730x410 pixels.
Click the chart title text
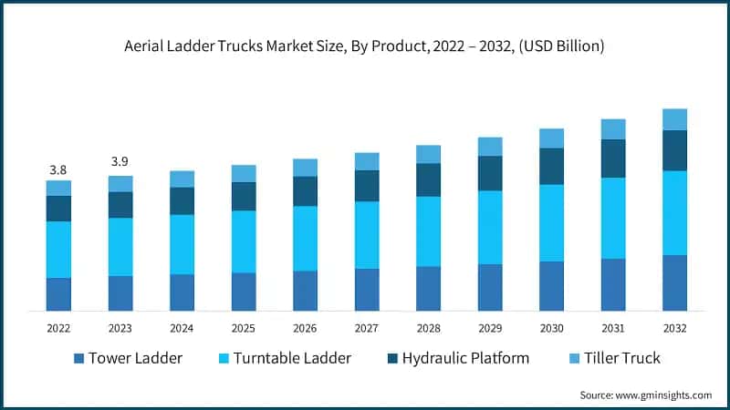click(365, 45)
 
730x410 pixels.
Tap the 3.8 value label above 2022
click(58, 169)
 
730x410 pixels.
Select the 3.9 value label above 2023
click(120, 161)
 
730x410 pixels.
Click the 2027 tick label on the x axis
click(367, 328)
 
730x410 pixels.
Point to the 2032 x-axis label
click(674, 328)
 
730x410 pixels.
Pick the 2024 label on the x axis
click(182, 328)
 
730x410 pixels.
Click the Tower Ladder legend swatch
click(79, 359)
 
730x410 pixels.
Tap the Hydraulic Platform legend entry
click(470, 358)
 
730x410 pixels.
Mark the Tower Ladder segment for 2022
click(58, 293)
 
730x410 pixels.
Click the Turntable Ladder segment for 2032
click(674, 212)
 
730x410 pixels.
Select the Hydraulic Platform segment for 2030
click(551, 166)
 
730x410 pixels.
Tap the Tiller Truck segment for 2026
click(305, 167)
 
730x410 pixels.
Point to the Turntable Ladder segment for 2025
click(244, 241)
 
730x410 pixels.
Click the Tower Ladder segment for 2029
click(490, 287)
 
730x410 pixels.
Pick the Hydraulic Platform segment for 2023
click(120, 205)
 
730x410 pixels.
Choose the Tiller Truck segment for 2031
click(613, 128)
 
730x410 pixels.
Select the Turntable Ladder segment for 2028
click(428, 231)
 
